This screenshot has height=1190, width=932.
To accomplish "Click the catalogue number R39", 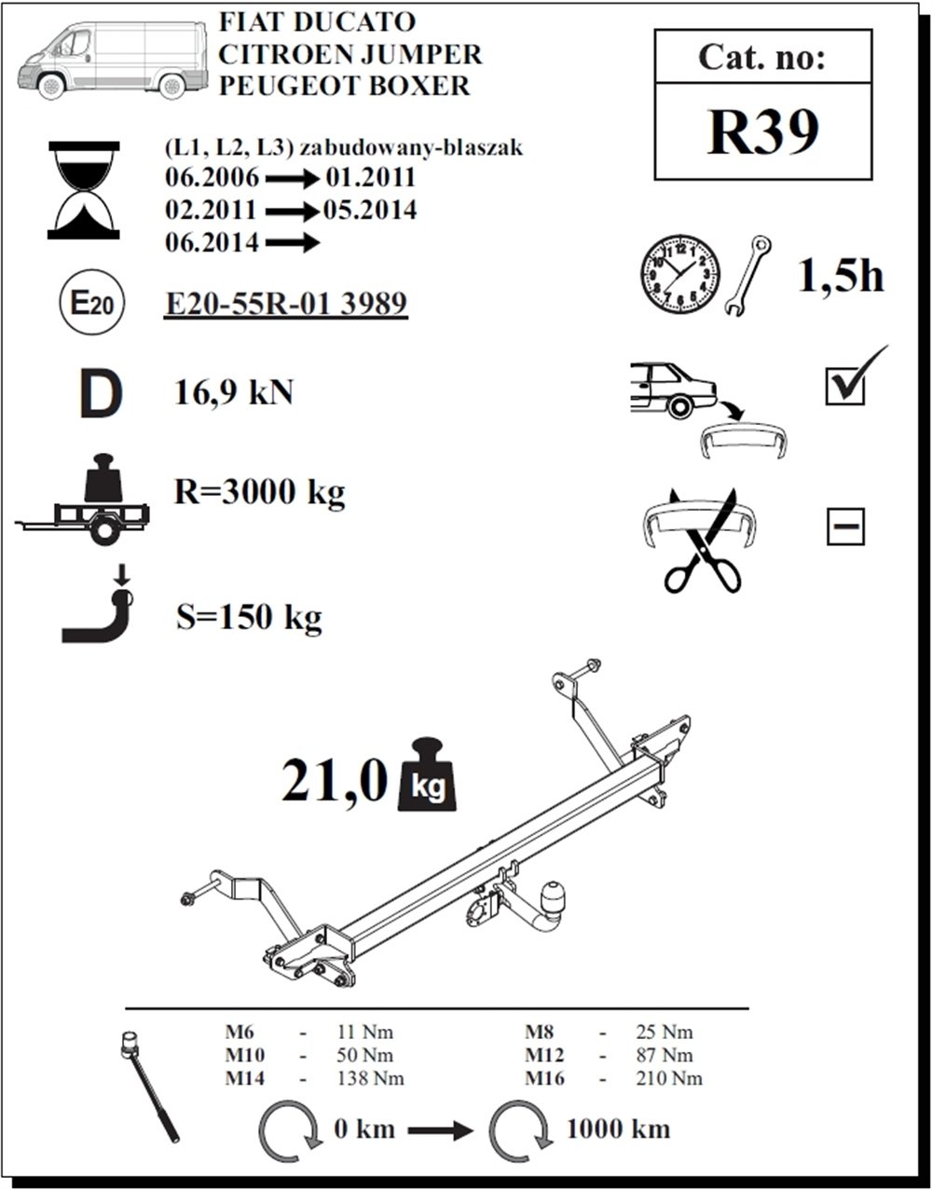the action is click(763, 132).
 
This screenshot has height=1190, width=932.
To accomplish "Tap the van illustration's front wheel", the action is click(51, 86).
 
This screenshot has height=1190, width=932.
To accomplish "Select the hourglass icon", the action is click(84, 190).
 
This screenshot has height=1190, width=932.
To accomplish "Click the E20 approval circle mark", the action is click(92, 302).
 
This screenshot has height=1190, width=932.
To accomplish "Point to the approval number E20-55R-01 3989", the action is click(286, 303).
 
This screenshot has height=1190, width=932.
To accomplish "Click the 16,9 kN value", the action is click(234, 392).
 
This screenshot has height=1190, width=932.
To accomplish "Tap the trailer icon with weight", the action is click(82, 499).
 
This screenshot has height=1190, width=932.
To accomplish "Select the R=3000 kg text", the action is click(259, 492).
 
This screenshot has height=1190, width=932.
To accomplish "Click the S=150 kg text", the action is click(249, 617).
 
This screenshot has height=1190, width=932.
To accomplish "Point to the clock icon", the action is click(680, 276).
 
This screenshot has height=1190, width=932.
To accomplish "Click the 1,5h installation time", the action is click(841, 276).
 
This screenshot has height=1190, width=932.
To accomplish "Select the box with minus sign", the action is click(845, 527).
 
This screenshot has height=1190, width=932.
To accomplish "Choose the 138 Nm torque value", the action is click(370, 1078).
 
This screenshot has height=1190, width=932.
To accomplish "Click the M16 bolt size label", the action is click(545, 1078).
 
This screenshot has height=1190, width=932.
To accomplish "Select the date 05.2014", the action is click(370, 211).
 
